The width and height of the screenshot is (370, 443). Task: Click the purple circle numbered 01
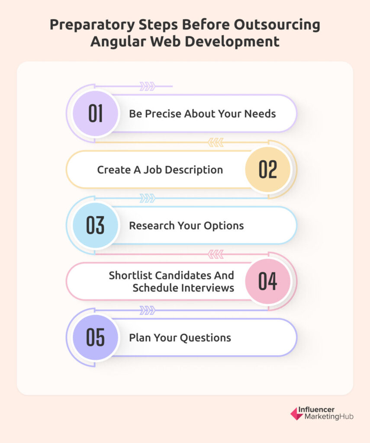[95, 113]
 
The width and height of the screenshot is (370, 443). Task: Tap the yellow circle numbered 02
[268, 169]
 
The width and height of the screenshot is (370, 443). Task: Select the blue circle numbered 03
[95, 225]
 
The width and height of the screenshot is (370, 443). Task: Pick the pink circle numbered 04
[268, 281]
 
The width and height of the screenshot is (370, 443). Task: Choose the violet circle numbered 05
[95, 337]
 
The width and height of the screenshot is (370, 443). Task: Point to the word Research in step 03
[152, 225]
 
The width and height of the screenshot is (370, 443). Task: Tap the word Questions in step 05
[206, 337]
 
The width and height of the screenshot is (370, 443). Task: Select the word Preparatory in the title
[92, 25]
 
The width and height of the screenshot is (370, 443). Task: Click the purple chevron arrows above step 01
[148, 86]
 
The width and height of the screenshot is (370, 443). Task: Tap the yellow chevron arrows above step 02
[216, 142]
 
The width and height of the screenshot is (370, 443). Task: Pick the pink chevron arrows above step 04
[216, 254]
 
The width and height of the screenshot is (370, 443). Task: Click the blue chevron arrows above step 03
[148, 198]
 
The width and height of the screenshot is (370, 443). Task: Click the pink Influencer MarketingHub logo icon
[297, 413]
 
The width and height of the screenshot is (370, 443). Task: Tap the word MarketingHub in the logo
[329, 417]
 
